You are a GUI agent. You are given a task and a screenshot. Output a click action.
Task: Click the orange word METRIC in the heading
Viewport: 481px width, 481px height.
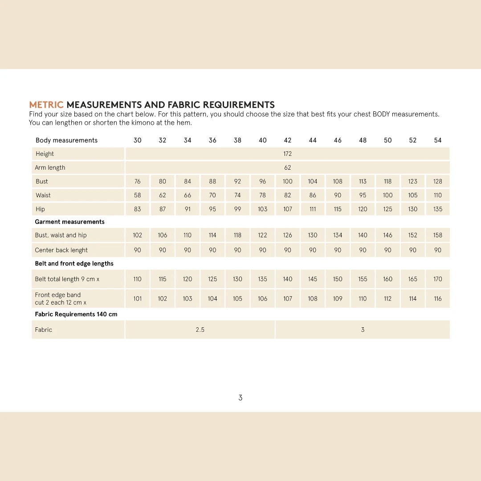click(46, 105)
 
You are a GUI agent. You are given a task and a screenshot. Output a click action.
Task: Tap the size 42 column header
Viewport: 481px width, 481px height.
click(288, 140)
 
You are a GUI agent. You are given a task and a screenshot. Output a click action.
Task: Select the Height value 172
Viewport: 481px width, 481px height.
click(288, 154)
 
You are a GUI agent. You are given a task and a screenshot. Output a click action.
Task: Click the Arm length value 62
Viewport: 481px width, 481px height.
click(288, 168)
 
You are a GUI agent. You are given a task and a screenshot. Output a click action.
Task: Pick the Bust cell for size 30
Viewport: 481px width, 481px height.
click(138, 182)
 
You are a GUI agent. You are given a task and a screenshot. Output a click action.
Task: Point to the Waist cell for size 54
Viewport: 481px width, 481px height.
click(438, 196)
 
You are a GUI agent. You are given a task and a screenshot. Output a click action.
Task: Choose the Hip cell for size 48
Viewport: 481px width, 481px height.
click(363, 209)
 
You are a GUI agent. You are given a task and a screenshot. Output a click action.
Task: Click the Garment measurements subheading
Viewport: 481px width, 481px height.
click(70, 222)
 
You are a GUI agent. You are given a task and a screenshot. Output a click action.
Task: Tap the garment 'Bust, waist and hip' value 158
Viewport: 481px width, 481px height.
click(438, 236)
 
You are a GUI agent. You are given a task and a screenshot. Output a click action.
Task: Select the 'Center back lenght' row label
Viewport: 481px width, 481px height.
click(61, 250)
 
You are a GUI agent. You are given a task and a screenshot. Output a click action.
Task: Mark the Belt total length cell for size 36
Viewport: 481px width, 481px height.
click(212, 279)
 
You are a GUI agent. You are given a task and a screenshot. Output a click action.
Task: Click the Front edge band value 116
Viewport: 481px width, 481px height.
click(438, 299)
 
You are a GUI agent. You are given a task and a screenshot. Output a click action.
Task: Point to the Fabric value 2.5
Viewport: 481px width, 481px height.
click(200, 330)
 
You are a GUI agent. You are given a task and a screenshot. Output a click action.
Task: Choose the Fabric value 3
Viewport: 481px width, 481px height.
click(363, 330)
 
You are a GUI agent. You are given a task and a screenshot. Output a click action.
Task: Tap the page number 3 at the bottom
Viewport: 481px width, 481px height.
click(240, 398)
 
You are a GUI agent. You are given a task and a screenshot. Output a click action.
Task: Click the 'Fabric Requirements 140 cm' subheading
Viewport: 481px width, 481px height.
click(76, 314)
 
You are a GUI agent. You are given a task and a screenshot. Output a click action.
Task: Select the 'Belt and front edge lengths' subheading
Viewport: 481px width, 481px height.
click(74, 264)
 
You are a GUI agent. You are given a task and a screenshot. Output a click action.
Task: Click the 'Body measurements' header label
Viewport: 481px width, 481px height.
click(66, 140)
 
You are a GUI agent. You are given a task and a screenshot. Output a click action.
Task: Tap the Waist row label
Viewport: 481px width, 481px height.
click(43, 196)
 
